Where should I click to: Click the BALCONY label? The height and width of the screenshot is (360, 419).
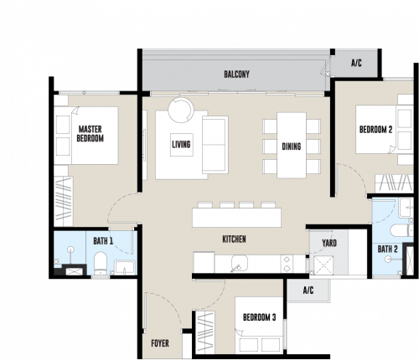click(x=236, y=75)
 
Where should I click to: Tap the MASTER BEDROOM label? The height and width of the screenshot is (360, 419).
click(x=91, y=134)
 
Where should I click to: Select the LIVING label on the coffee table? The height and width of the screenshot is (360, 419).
click(x=181, y=144)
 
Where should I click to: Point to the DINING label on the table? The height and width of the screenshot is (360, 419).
click(x=292, y=147)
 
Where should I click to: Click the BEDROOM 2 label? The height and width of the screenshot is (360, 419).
click(x=375, y=130)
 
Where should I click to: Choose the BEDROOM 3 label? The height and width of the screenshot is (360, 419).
click(x=260, y=317)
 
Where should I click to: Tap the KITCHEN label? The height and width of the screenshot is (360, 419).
click(x=234, y=239)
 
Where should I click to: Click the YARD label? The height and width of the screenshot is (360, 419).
click(x=329, y=243)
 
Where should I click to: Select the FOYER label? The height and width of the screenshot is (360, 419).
click(x=160, y=343)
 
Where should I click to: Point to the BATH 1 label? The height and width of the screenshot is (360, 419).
click(x=103, y=241)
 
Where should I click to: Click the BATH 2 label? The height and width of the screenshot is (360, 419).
click(x=387, y=249)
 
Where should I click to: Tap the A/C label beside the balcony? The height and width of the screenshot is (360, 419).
click(x=356, y=63)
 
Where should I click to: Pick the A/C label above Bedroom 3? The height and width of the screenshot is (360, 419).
click(x=308, y=291)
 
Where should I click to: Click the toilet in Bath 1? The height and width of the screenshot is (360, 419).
click(x=101, y=263)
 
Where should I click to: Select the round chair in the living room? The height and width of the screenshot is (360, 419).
click(x=181, y=110)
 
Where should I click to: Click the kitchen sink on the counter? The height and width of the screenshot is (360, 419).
click(x=240, y=263)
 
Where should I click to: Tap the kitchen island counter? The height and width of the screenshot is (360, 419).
click(x=236, y=218)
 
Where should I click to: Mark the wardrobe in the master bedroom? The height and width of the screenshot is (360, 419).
click(x=64, y=201)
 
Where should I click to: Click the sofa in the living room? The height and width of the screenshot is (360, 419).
click(x=215, y=145)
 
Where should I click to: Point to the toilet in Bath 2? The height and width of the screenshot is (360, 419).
click(x=401, y=230)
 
